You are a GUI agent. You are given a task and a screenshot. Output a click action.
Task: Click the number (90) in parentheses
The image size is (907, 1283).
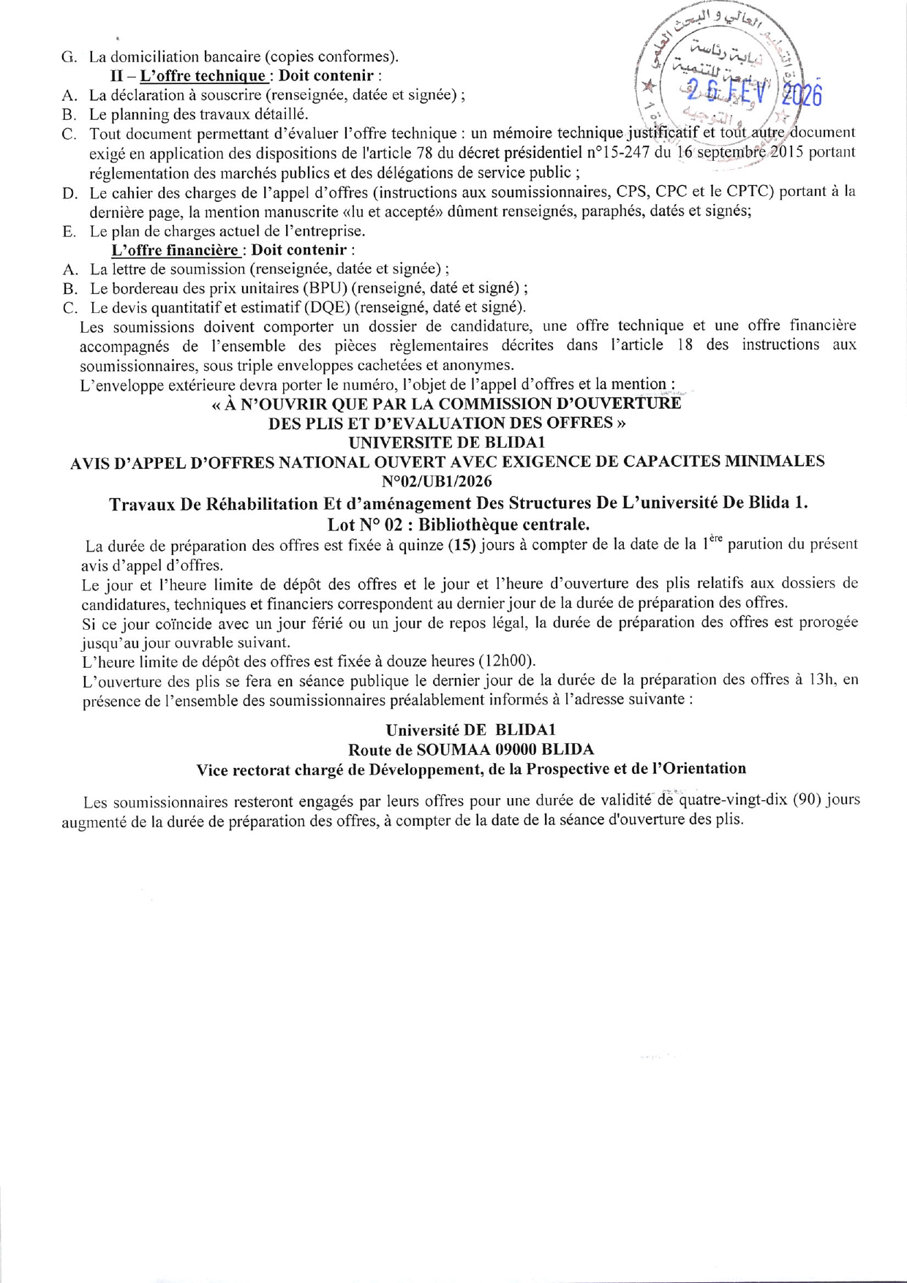pyautogui.click(x=803, y=799)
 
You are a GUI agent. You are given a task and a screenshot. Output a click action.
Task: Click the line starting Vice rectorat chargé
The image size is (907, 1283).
pyautogui.click(x=471, y=769)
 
